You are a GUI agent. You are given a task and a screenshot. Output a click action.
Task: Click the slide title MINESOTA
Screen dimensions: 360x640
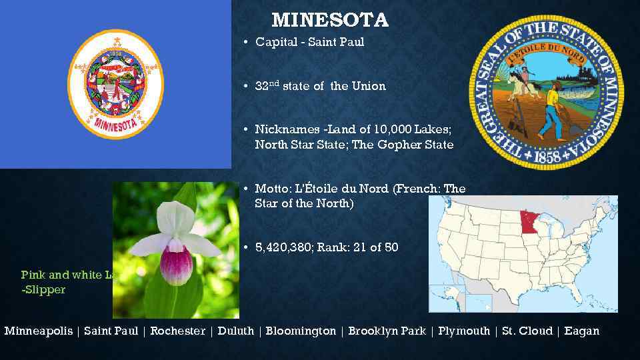(x=329, y=20)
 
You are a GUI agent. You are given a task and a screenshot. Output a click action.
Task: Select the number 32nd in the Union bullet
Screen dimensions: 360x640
(x=267, y=86)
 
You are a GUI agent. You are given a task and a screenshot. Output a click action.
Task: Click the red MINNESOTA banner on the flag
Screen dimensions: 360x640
(x=115, y=124)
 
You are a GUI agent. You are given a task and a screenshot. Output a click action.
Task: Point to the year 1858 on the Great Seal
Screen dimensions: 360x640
(x=547, y=158)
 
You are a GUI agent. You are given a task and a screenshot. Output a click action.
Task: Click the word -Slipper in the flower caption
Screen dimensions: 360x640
(x=44, y=290)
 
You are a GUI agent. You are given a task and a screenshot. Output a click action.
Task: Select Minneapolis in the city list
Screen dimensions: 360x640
(x=38, y=331)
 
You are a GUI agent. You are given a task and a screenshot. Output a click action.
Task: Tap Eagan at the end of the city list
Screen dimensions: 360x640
(x=581, y=331)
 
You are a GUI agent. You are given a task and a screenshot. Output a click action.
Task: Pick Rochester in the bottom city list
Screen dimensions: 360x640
(x=177, y=331)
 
